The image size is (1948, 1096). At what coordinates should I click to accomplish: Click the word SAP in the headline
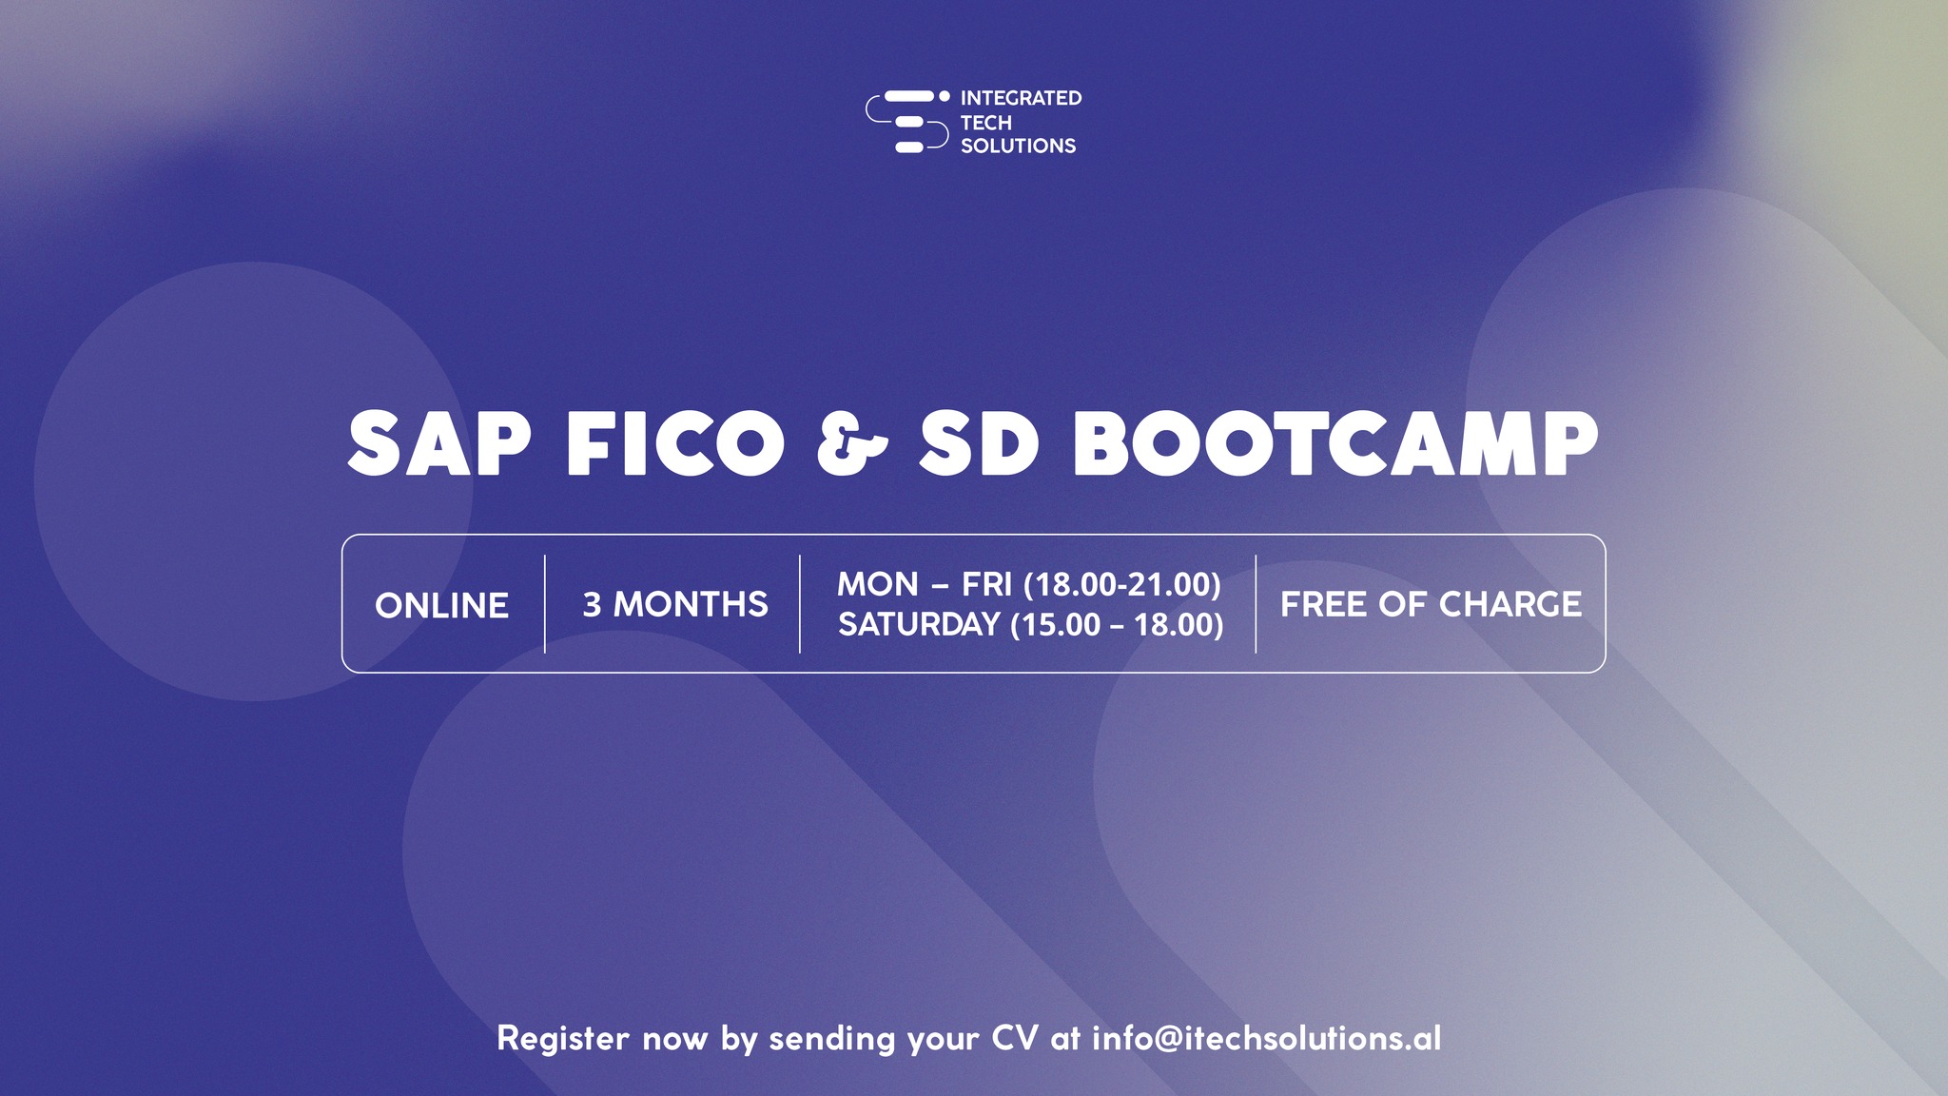point(438,444)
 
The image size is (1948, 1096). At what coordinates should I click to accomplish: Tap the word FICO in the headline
point(675,444)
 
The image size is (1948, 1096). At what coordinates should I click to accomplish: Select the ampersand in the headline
point(852,444)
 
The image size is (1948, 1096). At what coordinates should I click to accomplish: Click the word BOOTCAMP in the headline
point(1335,444)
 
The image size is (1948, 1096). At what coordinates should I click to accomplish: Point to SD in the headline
point(979,444)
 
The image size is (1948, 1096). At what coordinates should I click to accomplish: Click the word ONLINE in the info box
point(441,605)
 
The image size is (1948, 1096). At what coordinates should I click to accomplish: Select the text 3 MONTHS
point(675,604)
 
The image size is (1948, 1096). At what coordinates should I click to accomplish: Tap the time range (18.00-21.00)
point(1121,584)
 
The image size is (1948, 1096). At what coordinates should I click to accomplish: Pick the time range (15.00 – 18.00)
point(1117,625)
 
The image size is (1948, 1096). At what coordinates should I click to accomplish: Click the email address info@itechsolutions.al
point(1266,1037)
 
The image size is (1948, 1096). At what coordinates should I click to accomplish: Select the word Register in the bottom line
point(563,1039)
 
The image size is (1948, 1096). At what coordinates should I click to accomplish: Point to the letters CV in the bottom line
point(1015,1038)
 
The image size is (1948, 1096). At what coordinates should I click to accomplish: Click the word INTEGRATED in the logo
point(1021,98)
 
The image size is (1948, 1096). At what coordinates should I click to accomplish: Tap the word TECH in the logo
point(985,123)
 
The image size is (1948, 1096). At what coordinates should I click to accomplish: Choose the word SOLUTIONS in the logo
point(1018,146)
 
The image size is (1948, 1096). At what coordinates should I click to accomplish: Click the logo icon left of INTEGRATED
point(907,122)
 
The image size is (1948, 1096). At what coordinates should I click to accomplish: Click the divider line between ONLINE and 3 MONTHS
point(545,604)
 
